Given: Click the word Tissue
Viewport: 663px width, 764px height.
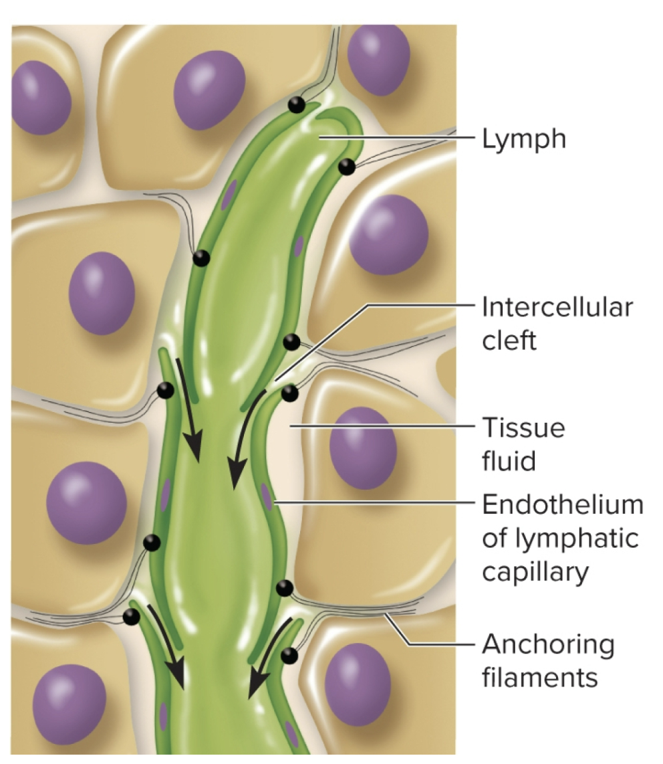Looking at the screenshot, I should pos(523,427).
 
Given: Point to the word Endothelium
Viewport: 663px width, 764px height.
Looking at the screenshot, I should pos(562,506).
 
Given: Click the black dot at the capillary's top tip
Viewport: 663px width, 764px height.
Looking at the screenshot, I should pos(297,105).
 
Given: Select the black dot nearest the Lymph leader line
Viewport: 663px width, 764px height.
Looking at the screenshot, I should pos(346,167).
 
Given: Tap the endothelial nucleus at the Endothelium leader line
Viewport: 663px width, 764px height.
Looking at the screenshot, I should pos(267,497).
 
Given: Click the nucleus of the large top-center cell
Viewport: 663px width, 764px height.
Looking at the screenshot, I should pos(209,89).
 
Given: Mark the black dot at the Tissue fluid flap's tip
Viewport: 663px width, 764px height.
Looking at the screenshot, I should pos(289,393).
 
